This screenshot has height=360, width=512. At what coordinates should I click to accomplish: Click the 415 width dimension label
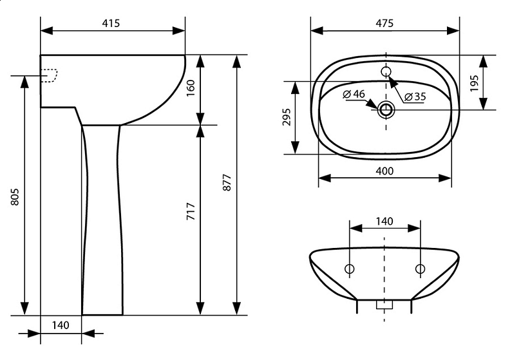[111, 23]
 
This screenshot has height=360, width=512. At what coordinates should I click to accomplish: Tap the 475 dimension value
[384, 23]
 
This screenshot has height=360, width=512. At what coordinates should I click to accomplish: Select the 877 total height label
[227, 182]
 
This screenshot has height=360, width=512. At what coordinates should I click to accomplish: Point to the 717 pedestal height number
[191, 211]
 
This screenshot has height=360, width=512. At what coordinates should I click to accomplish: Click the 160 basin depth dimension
[191, 88]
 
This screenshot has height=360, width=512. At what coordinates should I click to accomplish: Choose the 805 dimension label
[15, 196]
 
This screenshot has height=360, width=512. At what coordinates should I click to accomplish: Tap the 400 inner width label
[384, 171]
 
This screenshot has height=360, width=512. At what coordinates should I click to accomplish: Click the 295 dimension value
[287, 117]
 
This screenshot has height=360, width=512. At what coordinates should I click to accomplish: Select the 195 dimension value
[474, 83]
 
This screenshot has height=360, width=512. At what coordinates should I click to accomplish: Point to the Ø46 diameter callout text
[354, 94]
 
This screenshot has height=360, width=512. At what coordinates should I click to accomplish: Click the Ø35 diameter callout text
[415, 97]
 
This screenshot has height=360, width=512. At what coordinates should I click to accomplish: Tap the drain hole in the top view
[386, 109]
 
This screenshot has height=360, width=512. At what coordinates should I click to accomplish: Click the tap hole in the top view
[386, 71]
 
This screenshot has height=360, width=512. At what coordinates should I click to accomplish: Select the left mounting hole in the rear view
[350, 269]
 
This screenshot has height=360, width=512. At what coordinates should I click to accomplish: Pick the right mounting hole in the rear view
[421, 269]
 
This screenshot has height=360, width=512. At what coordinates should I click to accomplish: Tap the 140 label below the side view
[61, 325]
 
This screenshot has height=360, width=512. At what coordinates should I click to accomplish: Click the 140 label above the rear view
[384, 222]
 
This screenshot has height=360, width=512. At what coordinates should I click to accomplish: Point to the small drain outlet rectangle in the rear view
[384, 305]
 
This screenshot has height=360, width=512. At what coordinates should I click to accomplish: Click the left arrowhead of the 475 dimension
[317, 31]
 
